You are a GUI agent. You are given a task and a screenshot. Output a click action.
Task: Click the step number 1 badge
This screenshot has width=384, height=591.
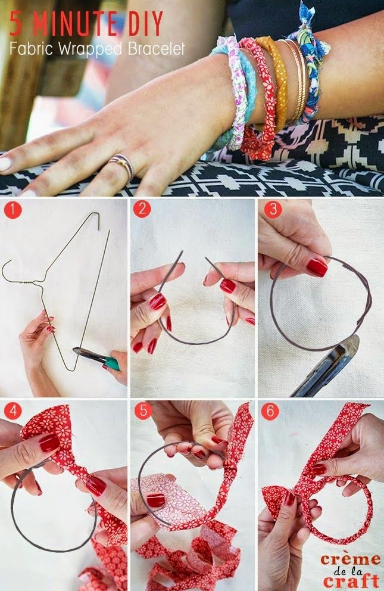click(x=11, y=210)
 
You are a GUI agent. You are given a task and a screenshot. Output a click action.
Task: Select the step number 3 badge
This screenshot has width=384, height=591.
click(x=271, y=210)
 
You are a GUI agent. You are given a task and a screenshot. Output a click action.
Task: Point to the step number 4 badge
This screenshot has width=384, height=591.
click(x=11, y=410)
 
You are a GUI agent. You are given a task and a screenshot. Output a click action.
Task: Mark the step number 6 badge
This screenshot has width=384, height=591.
click(x=271, y=410)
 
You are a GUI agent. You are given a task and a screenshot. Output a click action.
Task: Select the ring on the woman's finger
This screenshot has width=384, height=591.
click(x=123, y=165)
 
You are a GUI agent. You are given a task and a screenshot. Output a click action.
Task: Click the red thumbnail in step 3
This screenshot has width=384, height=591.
click(x=317, y=267)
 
